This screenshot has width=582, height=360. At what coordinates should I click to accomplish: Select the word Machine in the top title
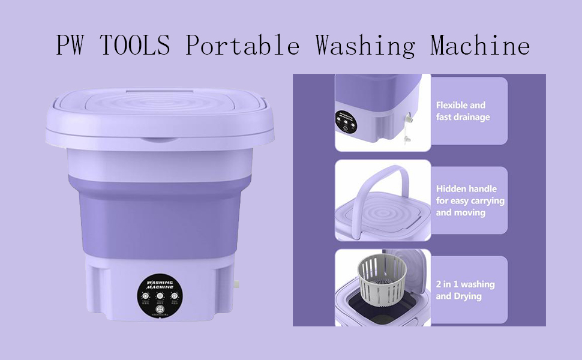click(x=479, y=46)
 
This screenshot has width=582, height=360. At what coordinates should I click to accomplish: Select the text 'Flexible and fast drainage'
click(x=463, y=111)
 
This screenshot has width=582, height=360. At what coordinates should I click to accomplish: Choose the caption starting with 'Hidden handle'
click(x=470, y=200)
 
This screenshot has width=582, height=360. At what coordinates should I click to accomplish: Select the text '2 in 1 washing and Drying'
click(x=465, y=290)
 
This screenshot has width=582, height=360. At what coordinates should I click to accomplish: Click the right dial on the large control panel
click(x=174, y=296)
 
